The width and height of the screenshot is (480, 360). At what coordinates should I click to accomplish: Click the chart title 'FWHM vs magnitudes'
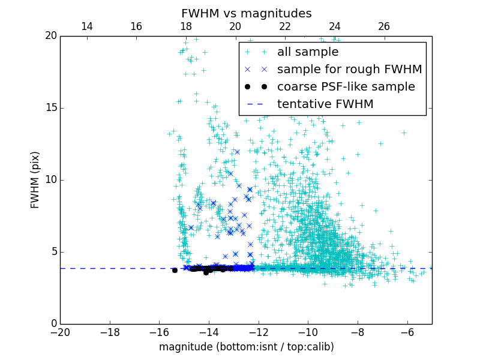246,13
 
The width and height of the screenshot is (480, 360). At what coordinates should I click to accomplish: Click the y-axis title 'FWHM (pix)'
35,179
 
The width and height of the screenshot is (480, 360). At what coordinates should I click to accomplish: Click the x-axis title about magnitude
246,347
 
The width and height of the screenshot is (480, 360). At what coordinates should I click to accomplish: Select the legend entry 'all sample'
308,52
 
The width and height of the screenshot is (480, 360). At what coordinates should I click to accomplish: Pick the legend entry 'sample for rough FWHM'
349,70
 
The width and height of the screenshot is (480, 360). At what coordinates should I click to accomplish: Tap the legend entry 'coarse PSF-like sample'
346,86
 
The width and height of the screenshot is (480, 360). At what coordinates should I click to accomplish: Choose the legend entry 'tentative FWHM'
325,104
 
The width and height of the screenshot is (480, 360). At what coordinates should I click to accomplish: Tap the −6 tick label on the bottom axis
407,332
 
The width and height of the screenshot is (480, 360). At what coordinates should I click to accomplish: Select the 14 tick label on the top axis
86,26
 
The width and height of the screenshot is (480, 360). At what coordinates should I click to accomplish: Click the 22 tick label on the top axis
285,26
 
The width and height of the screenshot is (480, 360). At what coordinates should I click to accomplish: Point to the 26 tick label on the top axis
384,26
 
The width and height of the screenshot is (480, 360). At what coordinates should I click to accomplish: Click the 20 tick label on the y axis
50,36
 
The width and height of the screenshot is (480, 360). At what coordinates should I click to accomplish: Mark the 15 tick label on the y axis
50,108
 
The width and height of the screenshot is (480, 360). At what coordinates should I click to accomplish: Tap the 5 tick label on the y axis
53,252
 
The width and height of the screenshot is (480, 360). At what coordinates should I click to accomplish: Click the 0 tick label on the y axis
53,324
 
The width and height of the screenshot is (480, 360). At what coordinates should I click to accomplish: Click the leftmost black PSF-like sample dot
175,270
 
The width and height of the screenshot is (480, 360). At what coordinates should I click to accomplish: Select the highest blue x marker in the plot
237,152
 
